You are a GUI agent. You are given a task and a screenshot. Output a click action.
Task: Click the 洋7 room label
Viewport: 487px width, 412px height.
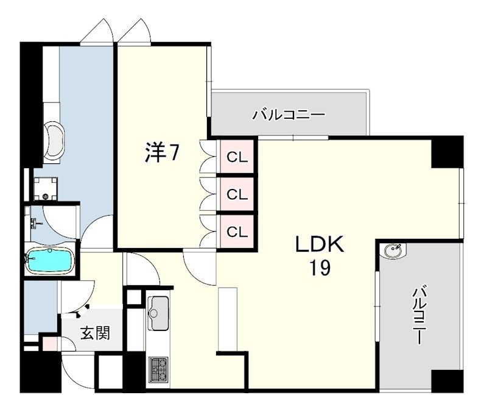[162, 152]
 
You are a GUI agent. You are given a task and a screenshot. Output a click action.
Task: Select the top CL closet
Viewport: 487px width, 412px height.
[237, 157]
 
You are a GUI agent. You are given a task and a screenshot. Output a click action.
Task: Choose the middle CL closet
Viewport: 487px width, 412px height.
[237, 194]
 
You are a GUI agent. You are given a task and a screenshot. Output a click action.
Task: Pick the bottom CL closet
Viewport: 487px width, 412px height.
[237, 231]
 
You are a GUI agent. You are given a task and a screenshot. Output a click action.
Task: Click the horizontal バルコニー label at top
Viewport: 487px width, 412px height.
[289, 114]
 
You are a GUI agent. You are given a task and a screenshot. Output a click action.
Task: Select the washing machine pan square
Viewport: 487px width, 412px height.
[46, 188]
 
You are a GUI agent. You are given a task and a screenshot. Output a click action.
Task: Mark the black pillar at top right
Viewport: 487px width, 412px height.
[447, 151]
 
